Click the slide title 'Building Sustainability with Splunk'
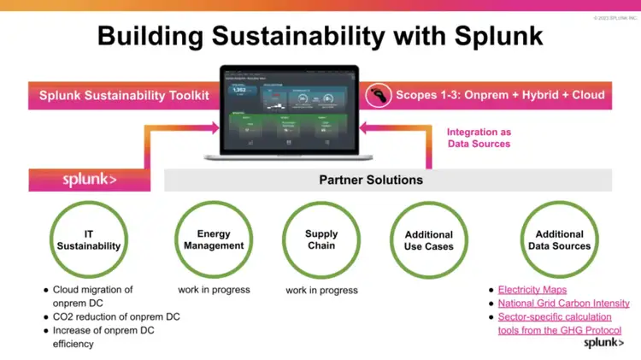click(320, 36)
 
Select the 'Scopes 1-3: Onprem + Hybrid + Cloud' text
click(499, 95)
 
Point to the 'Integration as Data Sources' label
click(479, 138)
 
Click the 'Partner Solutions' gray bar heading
click(371, 180)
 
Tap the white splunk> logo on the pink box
click(89, 180)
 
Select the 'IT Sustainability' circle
click(88, 239)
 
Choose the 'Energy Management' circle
click(213, 239)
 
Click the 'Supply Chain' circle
click(321, 239)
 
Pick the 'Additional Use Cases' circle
click(429, 239)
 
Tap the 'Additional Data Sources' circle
click(559, 239)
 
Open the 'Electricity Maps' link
click(532, 290)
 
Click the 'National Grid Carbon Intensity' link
click(564, 303)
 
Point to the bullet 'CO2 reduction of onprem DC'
click(116, 316)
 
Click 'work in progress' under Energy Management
click(214, 289)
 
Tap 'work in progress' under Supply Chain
click(321, 290)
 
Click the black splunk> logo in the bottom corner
click(603, 343)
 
